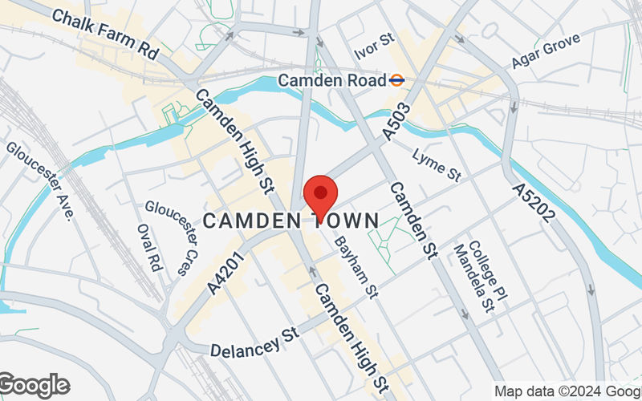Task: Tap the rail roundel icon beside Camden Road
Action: click(x=396, y=80)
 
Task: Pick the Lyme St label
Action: click(x=437, y=164)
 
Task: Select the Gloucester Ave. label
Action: click(x=39, y=180)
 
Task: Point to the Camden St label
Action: click(x=412, y=221)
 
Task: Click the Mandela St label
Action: click(x=473, y=278)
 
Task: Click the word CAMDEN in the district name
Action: click(x=250, y=221)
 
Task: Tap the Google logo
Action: click(x=34, y=386)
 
